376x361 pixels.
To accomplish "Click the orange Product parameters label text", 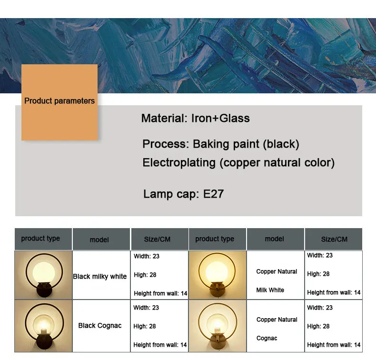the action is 59,101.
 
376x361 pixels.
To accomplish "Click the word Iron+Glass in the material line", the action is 220,118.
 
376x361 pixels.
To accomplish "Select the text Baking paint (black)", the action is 246,144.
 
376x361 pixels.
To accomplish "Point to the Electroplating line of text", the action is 238,163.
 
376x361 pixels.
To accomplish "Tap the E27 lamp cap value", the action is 213,194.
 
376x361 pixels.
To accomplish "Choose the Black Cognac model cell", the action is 100,325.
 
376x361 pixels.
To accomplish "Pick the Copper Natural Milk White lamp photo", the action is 218,275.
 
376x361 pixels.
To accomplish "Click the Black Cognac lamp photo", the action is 43,326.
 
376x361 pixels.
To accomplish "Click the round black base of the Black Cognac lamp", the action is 44,341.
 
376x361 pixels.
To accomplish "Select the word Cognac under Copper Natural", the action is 267,338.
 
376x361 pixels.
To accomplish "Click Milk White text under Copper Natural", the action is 270,290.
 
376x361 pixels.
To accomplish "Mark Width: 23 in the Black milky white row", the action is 147,256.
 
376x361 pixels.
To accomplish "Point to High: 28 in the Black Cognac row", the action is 145,326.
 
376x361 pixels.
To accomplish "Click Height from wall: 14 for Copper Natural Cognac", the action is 334,345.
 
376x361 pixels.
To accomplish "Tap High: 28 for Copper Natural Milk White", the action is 318,274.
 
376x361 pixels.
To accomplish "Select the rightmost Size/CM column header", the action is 334,239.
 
